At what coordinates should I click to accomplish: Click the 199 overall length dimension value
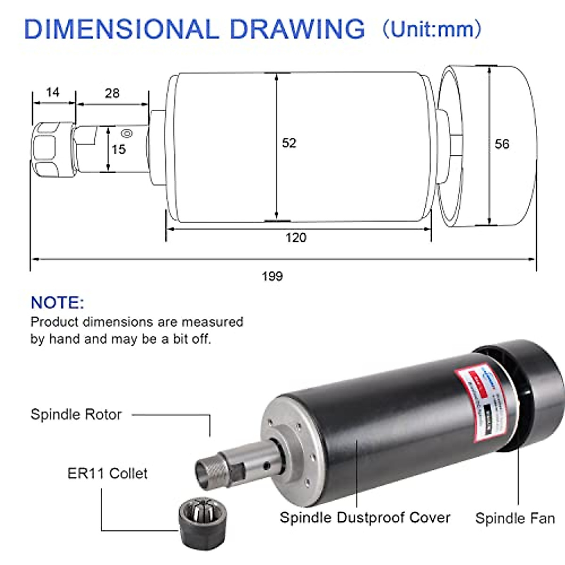coord(272,276)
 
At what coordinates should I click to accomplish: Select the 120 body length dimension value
coord(296,237)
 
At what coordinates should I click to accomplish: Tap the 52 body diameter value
coord(289,143)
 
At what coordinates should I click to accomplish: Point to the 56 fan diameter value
coord(502,144)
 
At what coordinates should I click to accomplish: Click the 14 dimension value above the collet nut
coord(53,92)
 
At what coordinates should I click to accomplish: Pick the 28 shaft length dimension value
coord(112,93)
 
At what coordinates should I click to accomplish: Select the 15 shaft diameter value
coord(119,150)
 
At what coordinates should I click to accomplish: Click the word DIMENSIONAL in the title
coord(121,29)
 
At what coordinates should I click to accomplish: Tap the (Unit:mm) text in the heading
coord(432,29)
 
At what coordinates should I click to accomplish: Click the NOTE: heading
coord(57,302)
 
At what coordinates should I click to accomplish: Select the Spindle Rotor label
coord(76,414)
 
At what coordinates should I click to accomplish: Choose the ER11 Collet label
coord(107,473)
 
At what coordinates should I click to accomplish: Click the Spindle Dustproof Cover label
coord(365,517)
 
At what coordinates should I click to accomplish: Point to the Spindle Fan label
coord(515,518)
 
